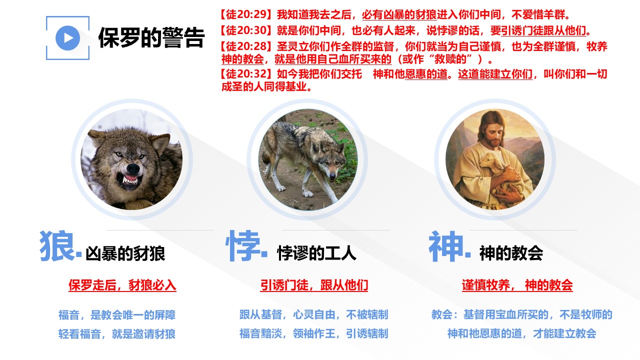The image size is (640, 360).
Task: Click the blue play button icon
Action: coord(67,38)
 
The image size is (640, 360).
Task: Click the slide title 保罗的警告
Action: coord(151,38)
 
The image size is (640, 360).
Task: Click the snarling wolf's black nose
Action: coord(133,168)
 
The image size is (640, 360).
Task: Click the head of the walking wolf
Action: coord(330,163)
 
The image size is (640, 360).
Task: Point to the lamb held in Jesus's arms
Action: coord(497,171)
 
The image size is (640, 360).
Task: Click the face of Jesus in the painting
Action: coord(496,133)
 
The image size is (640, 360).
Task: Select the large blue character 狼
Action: coord(56,246)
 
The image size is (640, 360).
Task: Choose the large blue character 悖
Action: coord(243,246)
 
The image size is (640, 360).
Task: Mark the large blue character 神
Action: coord(446,246)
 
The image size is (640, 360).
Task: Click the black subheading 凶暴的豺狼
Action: coord(125,253)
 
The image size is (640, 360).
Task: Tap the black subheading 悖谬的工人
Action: coord(316,253)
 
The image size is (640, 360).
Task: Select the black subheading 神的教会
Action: coord(511,253)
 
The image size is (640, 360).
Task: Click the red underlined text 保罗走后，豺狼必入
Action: coord(122,285)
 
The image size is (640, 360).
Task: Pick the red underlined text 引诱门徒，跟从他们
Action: coord(314,285)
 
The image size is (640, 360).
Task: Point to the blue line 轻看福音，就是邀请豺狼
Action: coord(117,333)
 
